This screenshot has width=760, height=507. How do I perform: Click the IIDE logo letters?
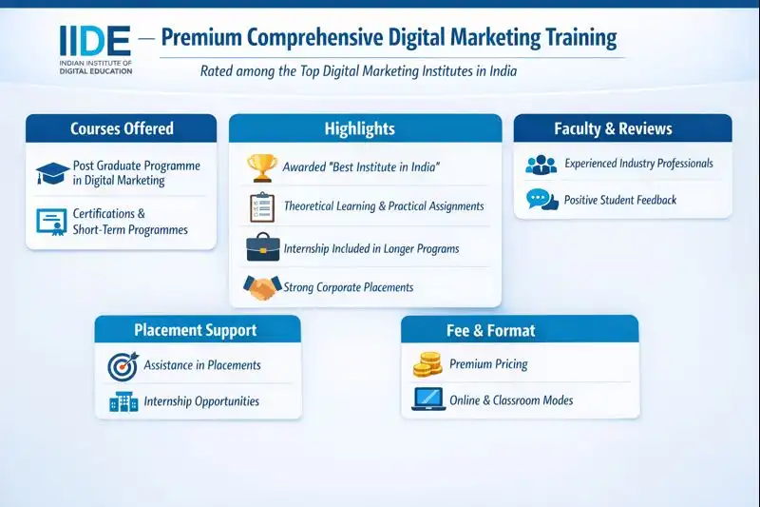(x=96, y=40)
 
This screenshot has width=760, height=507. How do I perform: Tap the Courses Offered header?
(x=122, y=128)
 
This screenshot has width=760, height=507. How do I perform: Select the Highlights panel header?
(x=365, y=128)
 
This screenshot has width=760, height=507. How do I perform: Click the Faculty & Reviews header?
(x=622, y=128)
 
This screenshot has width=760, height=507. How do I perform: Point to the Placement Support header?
(x=198, y=330)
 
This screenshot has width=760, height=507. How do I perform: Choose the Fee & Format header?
(x=519, y=330)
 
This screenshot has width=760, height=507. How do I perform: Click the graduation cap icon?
(x=52, y=174)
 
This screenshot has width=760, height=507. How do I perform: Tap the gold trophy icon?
(x=261, y=166)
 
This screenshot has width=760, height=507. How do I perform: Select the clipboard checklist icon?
(x=261, y=206)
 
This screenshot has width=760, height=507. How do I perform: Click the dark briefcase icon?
(x=262, y=247)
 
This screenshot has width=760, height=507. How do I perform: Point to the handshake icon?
(x=262, y=286)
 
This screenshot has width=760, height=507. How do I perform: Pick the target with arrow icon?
(x=123, y=364)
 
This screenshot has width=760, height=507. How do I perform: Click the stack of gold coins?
(x=427, y=363)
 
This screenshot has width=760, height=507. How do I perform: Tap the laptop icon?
(x=427, y=400)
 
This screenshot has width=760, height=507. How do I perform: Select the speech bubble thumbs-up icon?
(x=541, y=200)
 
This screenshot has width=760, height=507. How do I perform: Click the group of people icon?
(x=541, y=164)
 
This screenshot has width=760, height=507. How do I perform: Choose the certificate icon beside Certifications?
(x=52, y=221)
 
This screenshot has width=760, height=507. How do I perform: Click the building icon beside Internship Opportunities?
(x=123, y=401)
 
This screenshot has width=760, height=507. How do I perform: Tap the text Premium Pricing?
(x=488, y=364)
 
